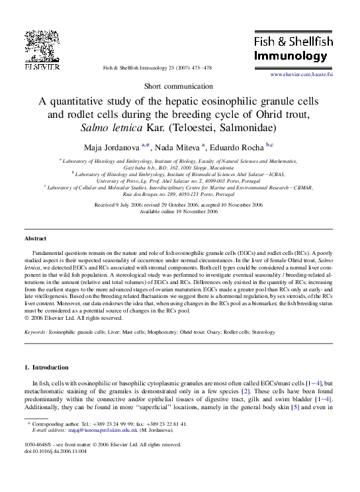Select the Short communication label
click(x=179, y=87)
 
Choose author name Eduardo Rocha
click(x=240, y=146)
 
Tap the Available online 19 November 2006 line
click(x=179, y=212)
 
